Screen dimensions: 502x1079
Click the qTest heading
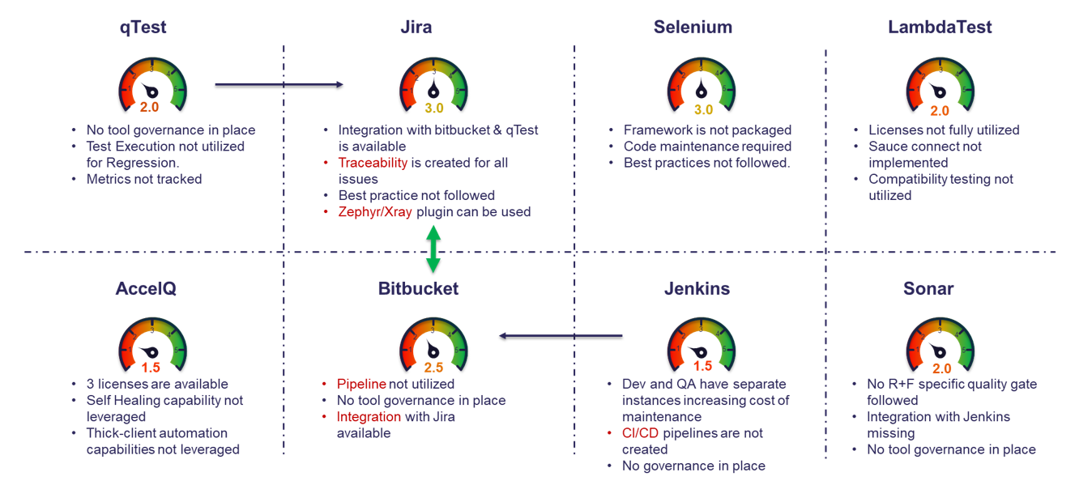[143, 27]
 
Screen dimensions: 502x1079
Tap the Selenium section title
[693, 27]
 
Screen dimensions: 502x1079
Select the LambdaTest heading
[940, 27]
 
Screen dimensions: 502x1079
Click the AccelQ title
[146, 288]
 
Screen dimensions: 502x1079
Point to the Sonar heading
[928, 288]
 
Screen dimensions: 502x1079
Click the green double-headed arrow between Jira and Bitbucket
[433, 249]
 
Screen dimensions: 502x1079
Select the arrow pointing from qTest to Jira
[279, 84]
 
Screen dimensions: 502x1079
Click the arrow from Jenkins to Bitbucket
[561, 335]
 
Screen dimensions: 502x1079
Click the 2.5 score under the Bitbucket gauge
[434, 367]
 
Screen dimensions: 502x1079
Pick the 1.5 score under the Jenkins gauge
[702, 366]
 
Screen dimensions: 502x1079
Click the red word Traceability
[373, 163]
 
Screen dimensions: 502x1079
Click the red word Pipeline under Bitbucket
[361, 384]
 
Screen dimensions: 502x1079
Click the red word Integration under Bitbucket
[369, 417]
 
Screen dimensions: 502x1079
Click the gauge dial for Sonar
[940, 344]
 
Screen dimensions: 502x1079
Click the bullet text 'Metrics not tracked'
[144, 179]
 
